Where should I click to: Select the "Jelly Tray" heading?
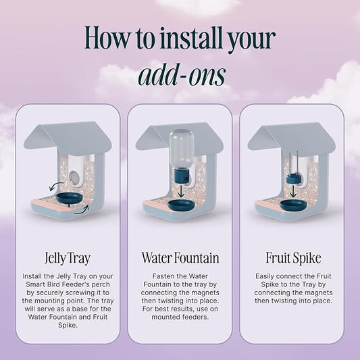pos(68,258)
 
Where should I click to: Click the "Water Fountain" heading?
pos(180,257)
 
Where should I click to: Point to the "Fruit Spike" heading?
pos(293,258)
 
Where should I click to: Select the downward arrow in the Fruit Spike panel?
pos(293,191)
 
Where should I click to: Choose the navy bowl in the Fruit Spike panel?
pos(293,205)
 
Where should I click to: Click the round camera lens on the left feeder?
pos(74,177)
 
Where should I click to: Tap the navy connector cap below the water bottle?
pos(182,176)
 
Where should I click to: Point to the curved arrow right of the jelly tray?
pos(82,210)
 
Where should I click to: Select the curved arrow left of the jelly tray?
pos(56,186)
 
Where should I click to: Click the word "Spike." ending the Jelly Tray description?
pos(68,325)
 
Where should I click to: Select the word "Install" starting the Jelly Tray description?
pos(32,276)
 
